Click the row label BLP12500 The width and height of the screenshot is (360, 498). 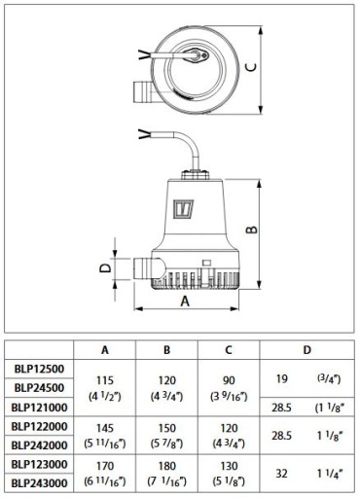click(x=39, y=369)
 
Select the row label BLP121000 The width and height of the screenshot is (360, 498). click(x=39, y=407)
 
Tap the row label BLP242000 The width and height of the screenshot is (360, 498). click(x=39, y=445)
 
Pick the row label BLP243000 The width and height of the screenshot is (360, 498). click(x=39, y=483)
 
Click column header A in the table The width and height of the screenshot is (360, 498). click(x=105, y=350)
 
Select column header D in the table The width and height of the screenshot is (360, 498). click(x=306, y=350)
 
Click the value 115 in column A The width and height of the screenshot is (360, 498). click(x=105, y=380)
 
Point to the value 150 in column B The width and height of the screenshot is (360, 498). click(x=167, y=428)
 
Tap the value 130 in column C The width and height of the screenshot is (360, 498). click(x=229, y=466)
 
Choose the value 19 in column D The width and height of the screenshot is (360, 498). click(x=281, y=378)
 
